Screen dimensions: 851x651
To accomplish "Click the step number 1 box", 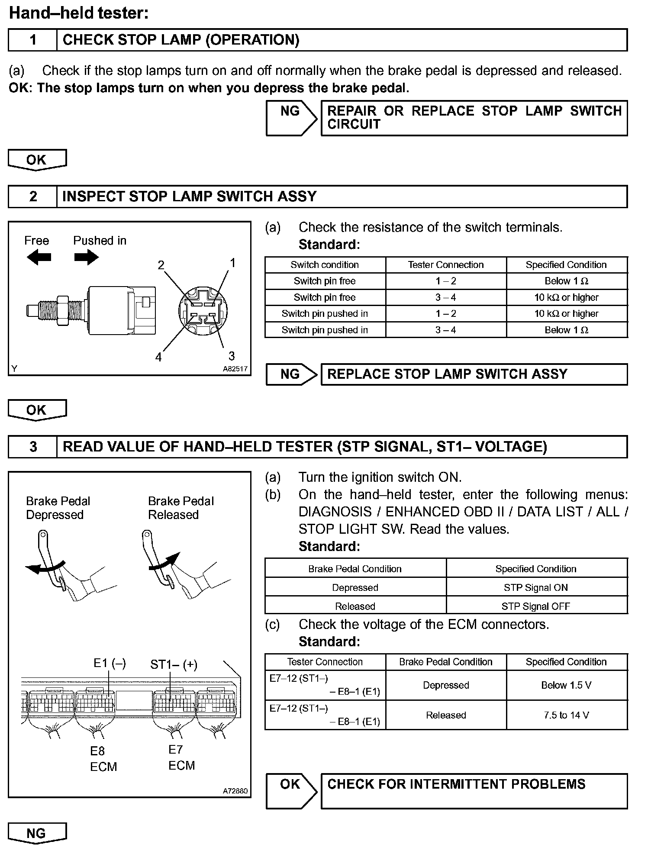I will (32, 40).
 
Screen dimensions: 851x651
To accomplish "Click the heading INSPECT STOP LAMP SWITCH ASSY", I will (189, 197).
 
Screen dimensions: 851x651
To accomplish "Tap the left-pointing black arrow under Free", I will (39, 258).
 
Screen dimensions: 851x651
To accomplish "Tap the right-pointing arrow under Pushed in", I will (86, 258).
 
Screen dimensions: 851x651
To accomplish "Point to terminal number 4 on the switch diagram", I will (158, 357).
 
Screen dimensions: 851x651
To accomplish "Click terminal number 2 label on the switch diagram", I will (161, 265).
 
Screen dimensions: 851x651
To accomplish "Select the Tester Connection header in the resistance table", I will (445, 265).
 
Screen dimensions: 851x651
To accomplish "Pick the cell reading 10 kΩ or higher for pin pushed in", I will (566, 314).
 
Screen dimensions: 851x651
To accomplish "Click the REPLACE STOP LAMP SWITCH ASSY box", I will (474, 374).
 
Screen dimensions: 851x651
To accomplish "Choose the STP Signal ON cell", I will (536, 587).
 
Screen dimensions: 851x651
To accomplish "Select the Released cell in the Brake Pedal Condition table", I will (355, 606).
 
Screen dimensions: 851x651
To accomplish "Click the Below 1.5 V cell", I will (566, 685).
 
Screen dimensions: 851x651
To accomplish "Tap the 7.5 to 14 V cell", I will (566, 715).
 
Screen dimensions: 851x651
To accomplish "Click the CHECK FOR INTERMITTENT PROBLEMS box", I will (474, 791).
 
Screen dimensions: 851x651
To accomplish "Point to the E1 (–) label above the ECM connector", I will (110, 663).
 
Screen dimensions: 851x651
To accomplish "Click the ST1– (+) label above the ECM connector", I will (174, 664).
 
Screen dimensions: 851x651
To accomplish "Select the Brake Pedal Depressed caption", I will (58, 508).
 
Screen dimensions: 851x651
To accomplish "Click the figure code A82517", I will (235, 369).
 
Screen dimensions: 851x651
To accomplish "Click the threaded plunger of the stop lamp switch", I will (48, 310).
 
